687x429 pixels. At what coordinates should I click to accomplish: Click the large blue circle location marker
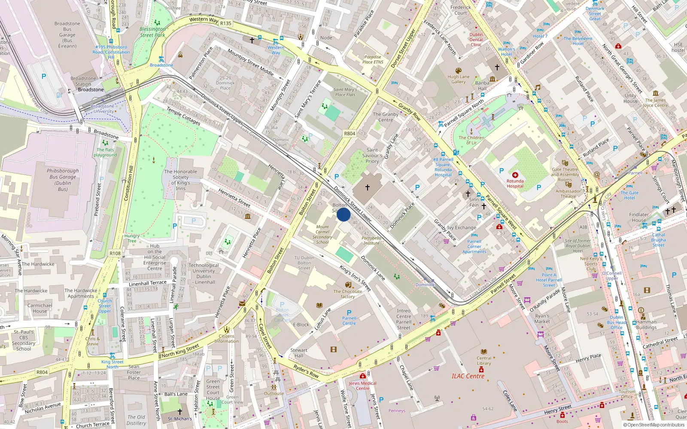tap(343, 214)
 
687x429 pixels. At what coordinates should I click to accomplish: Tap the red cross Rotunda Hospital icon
tap(515, 175)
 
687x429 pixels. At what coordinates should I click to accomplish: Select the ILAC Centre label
tap(468, 376)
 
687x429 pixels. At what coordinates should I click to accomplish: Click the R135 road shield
tap(226, 24)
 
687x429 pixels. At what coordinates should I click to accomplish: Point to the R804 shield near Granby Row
tap(350, 133)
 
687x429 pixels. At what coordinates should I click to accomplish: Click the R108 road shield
tap(115, 253)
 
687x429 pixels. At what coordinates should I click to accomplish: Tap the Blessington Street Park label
tap(152, 32)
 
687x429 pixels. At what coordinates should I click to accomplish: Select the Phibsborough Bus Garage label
tap(63, 180)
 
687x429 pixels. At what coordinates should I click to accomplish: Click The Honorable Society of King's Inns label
tap(181, 180)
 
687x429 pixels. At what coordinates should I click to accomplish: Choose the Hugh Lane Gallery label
tap(459, 79)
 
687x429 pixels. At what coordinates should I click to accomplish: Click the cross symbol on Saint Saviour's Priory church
tap(368, 187)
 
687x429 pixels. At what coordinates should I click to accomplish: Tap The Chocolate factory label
tap(348, 294)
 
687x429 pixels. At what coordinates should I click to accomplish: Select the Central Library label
tap(484, 361)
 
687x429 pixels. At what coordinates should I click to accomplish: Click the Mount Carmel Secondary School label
tap(322, 234)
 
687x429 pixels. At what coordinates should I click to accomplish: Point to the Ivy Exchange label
tap(462, 228)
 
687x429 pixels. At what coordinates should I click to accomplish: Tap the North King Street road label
tap(180, 351)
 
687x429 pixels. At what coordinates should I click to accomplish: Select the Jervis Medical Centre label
tap(362, 386)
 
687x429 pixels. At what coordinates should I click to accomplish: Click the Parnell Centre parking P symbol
tap(349, 313)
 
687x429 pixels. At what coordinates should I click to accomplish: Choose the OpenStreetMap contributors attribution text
tap(654, 425)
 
